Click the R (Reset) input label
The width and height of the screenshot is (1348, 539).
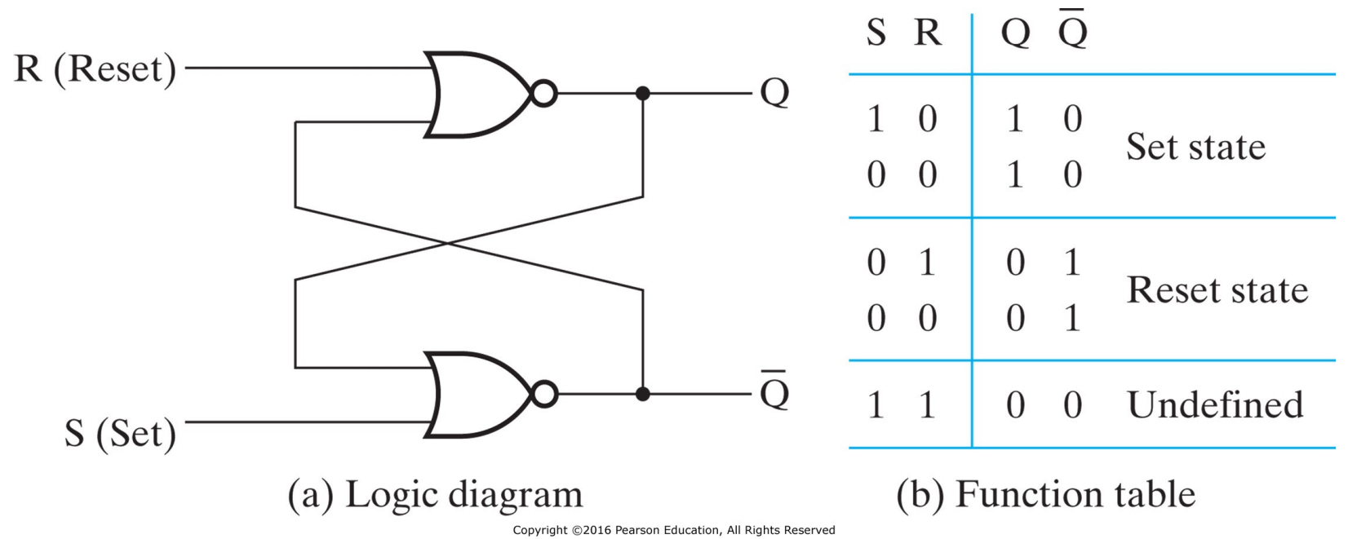pos(95,68)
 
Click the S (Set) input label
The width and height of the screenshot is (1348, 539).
pos(121,432)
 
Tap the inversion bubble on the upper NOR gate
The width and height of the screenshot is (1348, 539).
pos(543,94)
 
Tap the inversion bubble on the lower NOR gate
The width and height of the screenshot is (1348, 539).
pos(543,395)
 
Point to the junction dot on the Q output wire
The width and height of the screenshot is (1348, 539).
pos(643,94)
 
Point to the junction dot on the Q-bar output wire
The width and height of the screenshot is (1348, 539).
pos(643,395)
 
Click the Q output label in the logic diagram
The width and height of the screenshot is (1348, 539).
pos(774,92)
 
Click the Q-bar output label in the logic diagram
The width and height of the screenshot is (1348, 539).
pos(774,392)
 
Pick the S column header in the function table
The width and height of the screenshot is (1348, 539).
pos(876,33)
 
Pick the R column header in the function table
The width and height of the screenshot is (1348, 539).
pos(928,33)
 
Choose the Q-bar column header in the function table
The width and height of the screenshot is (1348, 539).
pos(1072,32)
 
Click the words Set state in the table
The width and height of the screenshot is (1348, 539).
pos(1195,147)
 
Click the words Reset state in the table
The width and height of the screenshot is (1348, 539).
pos(1217,290)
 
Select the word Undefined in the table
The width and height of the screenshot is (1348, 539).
pos(1215,405)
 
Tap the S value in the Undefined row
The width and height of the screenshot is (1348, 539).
pos(876,405)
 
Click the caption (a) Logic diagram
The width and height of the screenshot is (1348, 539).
pos(435,495)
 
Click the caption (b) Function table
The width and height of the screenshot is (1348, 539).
pos(1045,495)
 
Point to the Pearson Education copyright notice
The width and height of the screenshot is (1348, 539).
pos(674,530)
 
